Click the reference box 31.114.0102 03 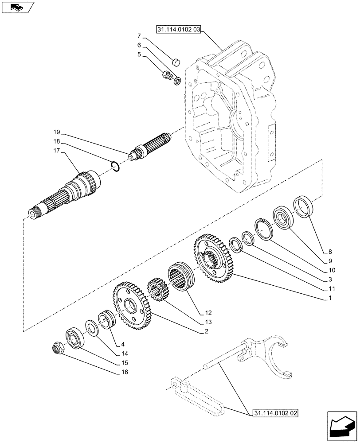pyautogui.click(x=179, y=30)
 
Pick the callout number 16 pyautogui.click(x=124, y=372)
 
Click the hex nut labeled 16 pyautogui.click(x=59, y=348)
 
